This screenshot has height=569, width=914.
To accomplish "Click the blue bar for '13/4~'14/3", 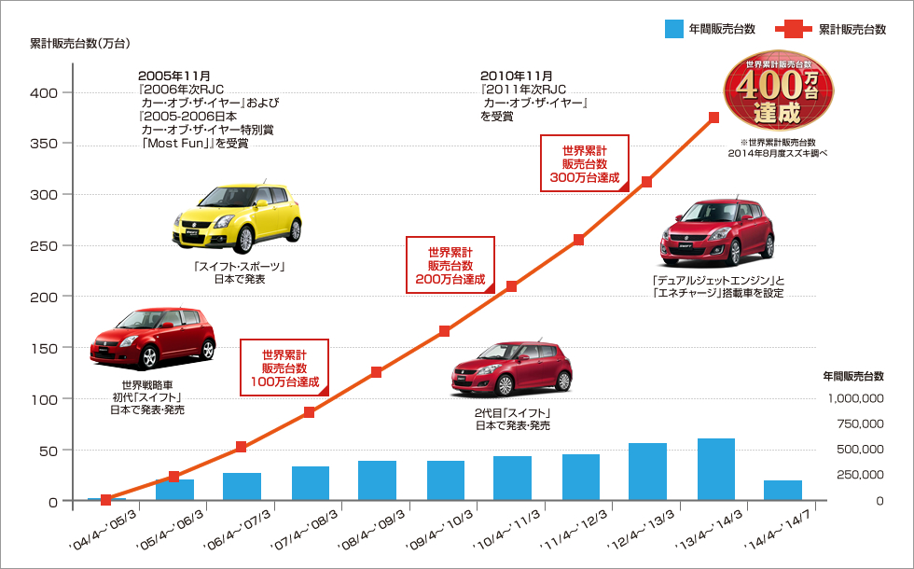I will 715,469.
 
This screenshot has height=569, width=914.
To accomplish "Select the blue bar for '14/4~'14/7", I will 783,491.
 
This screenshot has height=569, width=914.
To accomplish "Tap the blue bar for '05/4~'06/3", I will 174,490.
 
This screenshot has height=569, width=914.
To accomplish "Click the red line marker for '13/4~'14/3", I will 714,118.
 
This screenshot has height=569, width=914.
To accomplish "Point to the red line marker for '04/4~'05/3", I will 106,500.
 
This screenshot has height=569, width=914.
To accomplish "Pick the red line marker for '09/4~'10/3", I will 445,331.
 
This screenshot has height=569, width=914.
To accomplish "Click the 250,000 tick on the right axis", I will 860,475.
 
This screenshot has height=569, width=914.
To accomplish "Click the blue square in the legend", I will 675,30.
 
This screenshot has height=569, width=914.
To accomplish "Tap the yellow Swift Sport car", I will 239,217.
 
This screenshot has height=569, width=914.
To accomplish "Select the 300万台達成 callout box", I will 584,163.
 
